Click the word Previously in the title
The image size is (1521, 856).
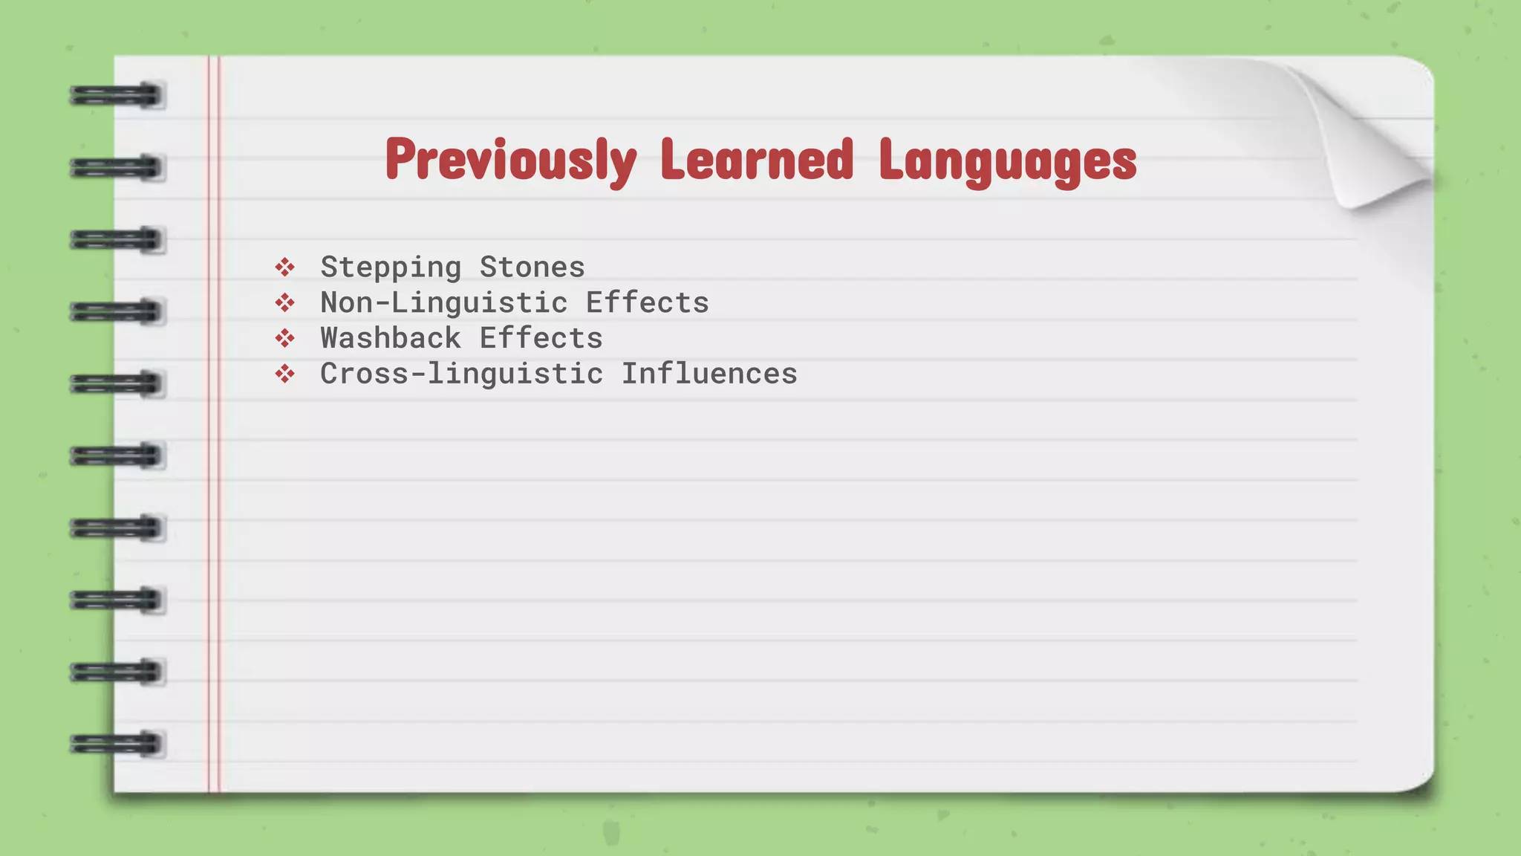(x=511, y=160)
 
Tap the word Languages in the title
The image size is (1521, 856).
(x=1007, y=160)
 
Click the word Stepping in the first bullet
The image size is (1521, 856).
(x=391, y=267)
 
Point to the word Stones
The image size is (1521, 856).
(x=532, y=267)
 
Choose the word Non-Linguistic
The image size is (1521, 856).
(x=443, y=302)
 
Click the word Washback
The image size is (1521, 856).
(x=391, y=338)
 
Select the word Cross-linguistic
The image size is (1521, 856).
(x=461, y=374)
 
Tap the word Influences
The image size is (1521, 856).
(x=709, y=374)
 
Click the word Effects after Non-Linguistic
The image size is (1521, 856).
(x=647, y=302)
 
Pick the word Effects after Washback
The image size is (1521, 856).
(x=541, y=338)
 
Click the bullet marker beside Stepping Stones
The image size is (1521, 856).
(x=284, y=267)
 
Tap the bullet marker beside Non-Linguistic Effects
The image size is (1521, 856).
(x=284, y=302)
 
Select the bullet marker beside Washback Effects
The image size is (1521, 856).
(x=284, y=338)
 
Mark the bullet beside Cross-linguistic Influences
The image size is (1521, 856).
(x=284, y=374)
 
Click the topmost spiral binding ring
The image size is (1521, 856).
(x=117, y=96)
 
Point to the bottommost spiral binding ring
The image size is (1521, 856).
(x=117, y=744)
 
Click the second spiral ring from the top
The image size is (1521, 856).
(x=117, y=168)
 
